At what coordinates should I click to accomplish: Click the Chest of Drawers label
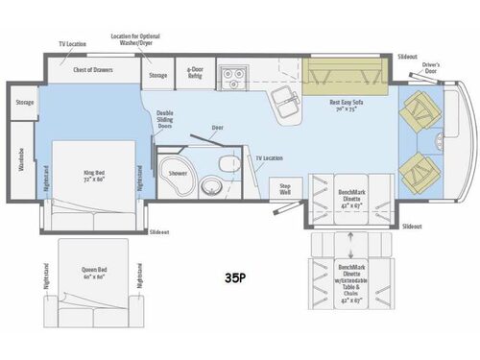pyautogui.click(x=94, y=70)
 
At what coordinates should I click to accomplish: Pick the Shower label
pyautogui.click(x=178, y=174)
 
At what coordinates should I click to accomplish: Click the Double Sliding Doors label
pyautogui.click(x=165, y=120)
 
